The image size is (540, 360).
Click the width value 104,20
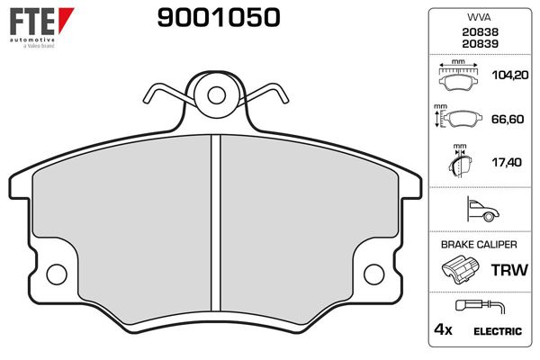coord(506,78)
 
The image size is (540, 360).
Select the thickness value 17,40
coord(506,163)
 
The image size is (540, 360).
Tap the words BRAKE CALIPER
coord(478,245)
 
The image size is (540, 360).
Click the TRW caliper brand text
coord(506,270)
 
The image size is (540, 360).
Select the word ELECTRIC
coord(498,330)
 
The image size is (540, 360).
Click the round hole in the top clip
coord(215,94)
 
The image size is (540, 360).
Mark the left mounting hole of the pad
coord(57,272)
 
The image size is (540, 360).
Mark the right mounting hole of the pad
coord(373,272)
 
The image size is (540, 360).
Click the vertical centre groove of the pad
coord(215,225)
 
